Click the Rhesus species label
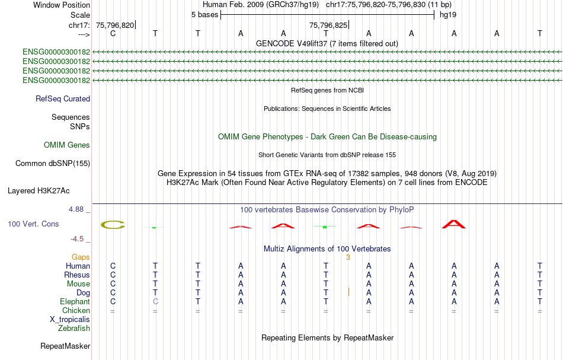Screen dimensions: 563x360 coord(77,275)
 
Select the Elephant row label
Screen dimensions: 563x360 coord(75,301)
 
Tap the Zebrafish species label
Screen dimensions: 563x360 coord(74,328)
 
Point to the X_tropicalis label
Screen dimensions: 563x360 coord(70,320)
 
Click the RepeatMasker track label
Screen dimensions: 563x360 coord(65,346)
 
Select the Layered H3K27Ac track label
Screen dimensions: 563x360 coord(39,191)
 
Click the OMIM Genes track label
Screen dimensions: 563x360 coord(67,145)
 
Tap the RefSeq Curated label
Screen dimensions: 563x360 coord(63,99)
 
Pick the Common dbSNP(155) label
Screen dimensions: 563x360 coord(52,164)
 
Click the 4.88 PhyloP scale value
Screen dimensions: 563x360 coord(76,209)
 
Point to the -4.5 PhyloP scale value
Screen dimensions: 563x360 coord(77,239)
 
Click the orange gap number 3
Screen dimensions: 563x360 coord(348,257)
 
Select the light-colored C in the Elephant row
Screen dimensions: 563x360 coord(155,301)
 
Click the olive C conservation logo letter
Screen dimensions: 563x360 coord(113,225)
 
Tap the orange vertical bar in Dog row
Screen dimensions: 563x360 coord(348,292)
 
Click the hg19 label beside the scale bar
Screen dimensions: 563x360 coord(448,15)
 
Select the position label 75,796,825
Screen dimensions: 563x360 coord(328,25)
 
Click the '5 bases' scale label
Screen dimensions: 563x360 coord(204,15)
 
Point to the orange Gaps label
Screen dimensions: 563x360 coord(81,257)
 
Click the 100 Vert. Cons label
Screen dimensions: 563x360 coord(33,224)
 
